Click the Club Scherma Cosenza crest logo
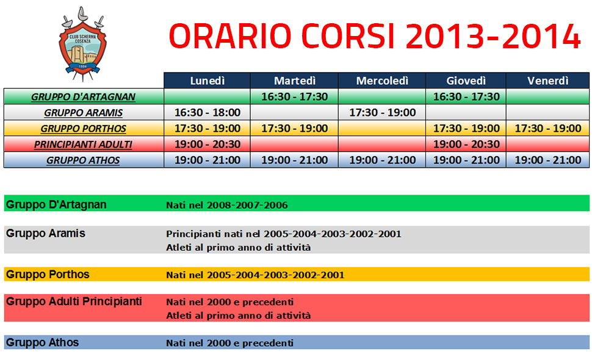point(82,44)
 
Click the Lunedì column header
point(208,81)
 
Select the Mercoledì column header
point(382,81)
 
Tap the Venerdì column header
point(548,81)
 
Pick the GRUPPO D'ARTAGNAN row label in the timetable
point(83,97)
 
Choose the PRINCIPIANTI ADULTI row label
point(83,145)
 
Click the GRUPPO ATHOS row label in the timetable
point(83,160)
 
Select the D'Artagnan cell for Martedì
point(295,96)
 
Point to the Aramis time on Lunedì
point(208,112)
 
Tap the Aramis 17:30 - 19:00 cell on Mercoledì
point(382,112)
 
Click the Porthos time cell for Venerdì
point(548,128)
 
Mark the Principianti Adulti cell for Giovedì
point(466,144)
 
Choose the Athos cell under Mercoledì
point(382,160)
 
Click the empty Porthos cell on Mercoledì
point(382,128)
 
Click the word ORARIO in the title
point(230,36)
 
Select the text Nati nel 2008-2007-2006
point(227,205)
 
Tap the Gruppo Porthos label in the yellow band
point(48,275)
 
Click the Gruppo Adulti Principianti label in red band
point(74,301)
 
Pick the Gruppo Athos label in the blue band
point(42,343)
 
